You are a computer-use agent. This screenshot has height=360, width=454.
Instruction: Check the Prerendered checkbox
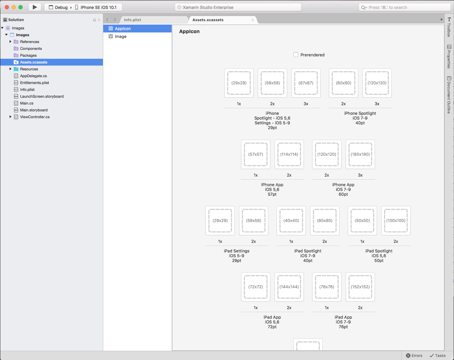pyautogui.click(x=296, y=55)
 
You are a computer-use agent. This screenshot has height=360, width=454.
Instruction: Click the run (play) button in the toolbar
pyautogui.click(x=35, y=8)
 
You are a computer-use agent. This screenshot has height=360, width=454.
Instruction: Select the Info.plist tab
pyautogui.click(x=133, y=20)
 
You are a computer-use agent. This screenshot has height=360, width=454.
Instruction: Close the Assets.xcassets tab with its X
pyautogui.click(x=253, y=20)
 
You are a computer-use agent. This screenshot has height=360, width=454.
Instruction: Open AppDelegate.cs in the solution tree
pyautogui.click(x=34, y=76)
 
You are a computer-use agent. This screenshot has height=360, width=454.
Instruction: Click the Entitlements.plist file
pyautogui.click(x=35, y=83)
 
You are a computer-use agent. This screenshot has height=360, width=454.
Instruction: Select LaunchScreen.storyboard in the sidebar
pyautogui.click(x=42, y=96)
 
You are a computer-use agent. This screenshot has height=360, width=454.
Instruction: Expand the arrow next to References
pyautogui.click(x=10, y=42)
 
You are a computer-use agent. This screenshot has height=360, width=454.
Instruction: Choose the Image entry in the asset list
pyautogui.click(x=120, y=37)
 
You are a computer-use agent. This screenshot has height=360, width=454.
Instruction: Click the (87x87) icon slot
pyautogui.click(x=306, y=83)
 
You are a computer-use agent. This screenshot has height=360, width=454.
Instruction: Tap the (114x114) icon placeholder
pyautogui.click(x=289, y=154)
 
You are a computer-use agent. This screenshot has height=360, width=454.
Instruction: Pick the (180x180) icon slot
pyautogui.click(x=360, y=154)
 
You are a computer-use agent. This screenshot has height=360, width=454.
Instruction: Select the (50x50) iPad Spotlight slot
pyautogui.click(x=362, y=220)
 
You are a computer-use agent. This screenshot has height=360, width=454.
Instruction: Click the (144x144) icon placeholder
pyautogui.click(x=289, y=287)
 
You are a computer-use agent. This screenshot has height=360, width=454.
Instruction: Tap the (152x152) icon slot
pyautogui.click(x=360, y=287)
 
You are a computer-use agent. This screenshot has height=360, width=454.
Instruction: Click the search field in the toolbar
pyautogui.click(x=404, y=8)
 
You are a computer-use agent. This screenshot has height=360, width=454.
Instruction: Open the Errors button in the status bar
pyautogui.click(x=414, y=356)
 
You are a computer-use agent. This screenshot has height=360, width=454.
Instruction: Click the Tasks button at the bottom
pyautogui.click(x=438, y=356)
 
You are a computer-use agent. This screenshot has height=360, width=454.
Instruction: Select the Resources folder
pyautogui.click(x=29, y=69)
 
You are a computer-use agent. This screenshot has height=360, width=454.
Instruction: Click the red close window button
pyautogui.click(x=7, y=7)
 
